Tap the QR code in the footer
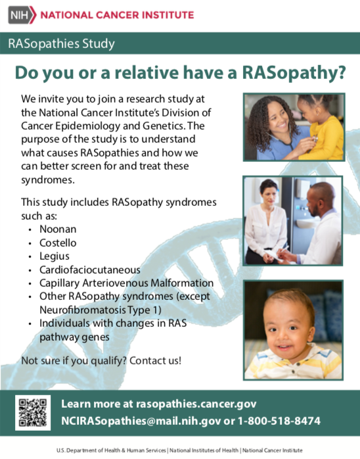coord(33,413)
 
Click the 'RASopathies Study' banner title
coord(61,43)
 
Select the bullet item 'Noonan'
coord(58,229)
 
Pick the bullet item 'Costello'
coord(58,243)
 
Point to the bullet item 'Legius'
coord(55,256)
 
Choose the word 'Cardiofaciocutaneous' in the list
coord(90,270)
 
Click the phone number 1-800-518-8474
coord(279,421)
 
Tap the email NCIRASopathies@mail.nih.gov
coord(141,421)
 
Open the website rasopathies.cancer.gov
coord(196,404)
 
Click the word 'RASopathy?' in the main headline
coord(294,73)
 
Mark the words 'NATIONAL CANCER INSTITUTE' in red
coord(117,15)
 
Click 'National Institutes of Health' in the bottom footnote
coord(204,450)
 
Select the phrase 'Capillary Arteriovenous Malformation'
coord(126,283)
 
